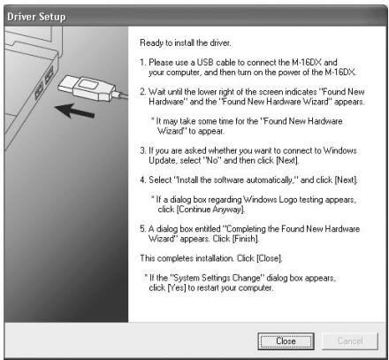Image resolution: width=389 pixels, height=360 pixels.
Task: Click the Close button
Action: [x=286, y=340]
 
